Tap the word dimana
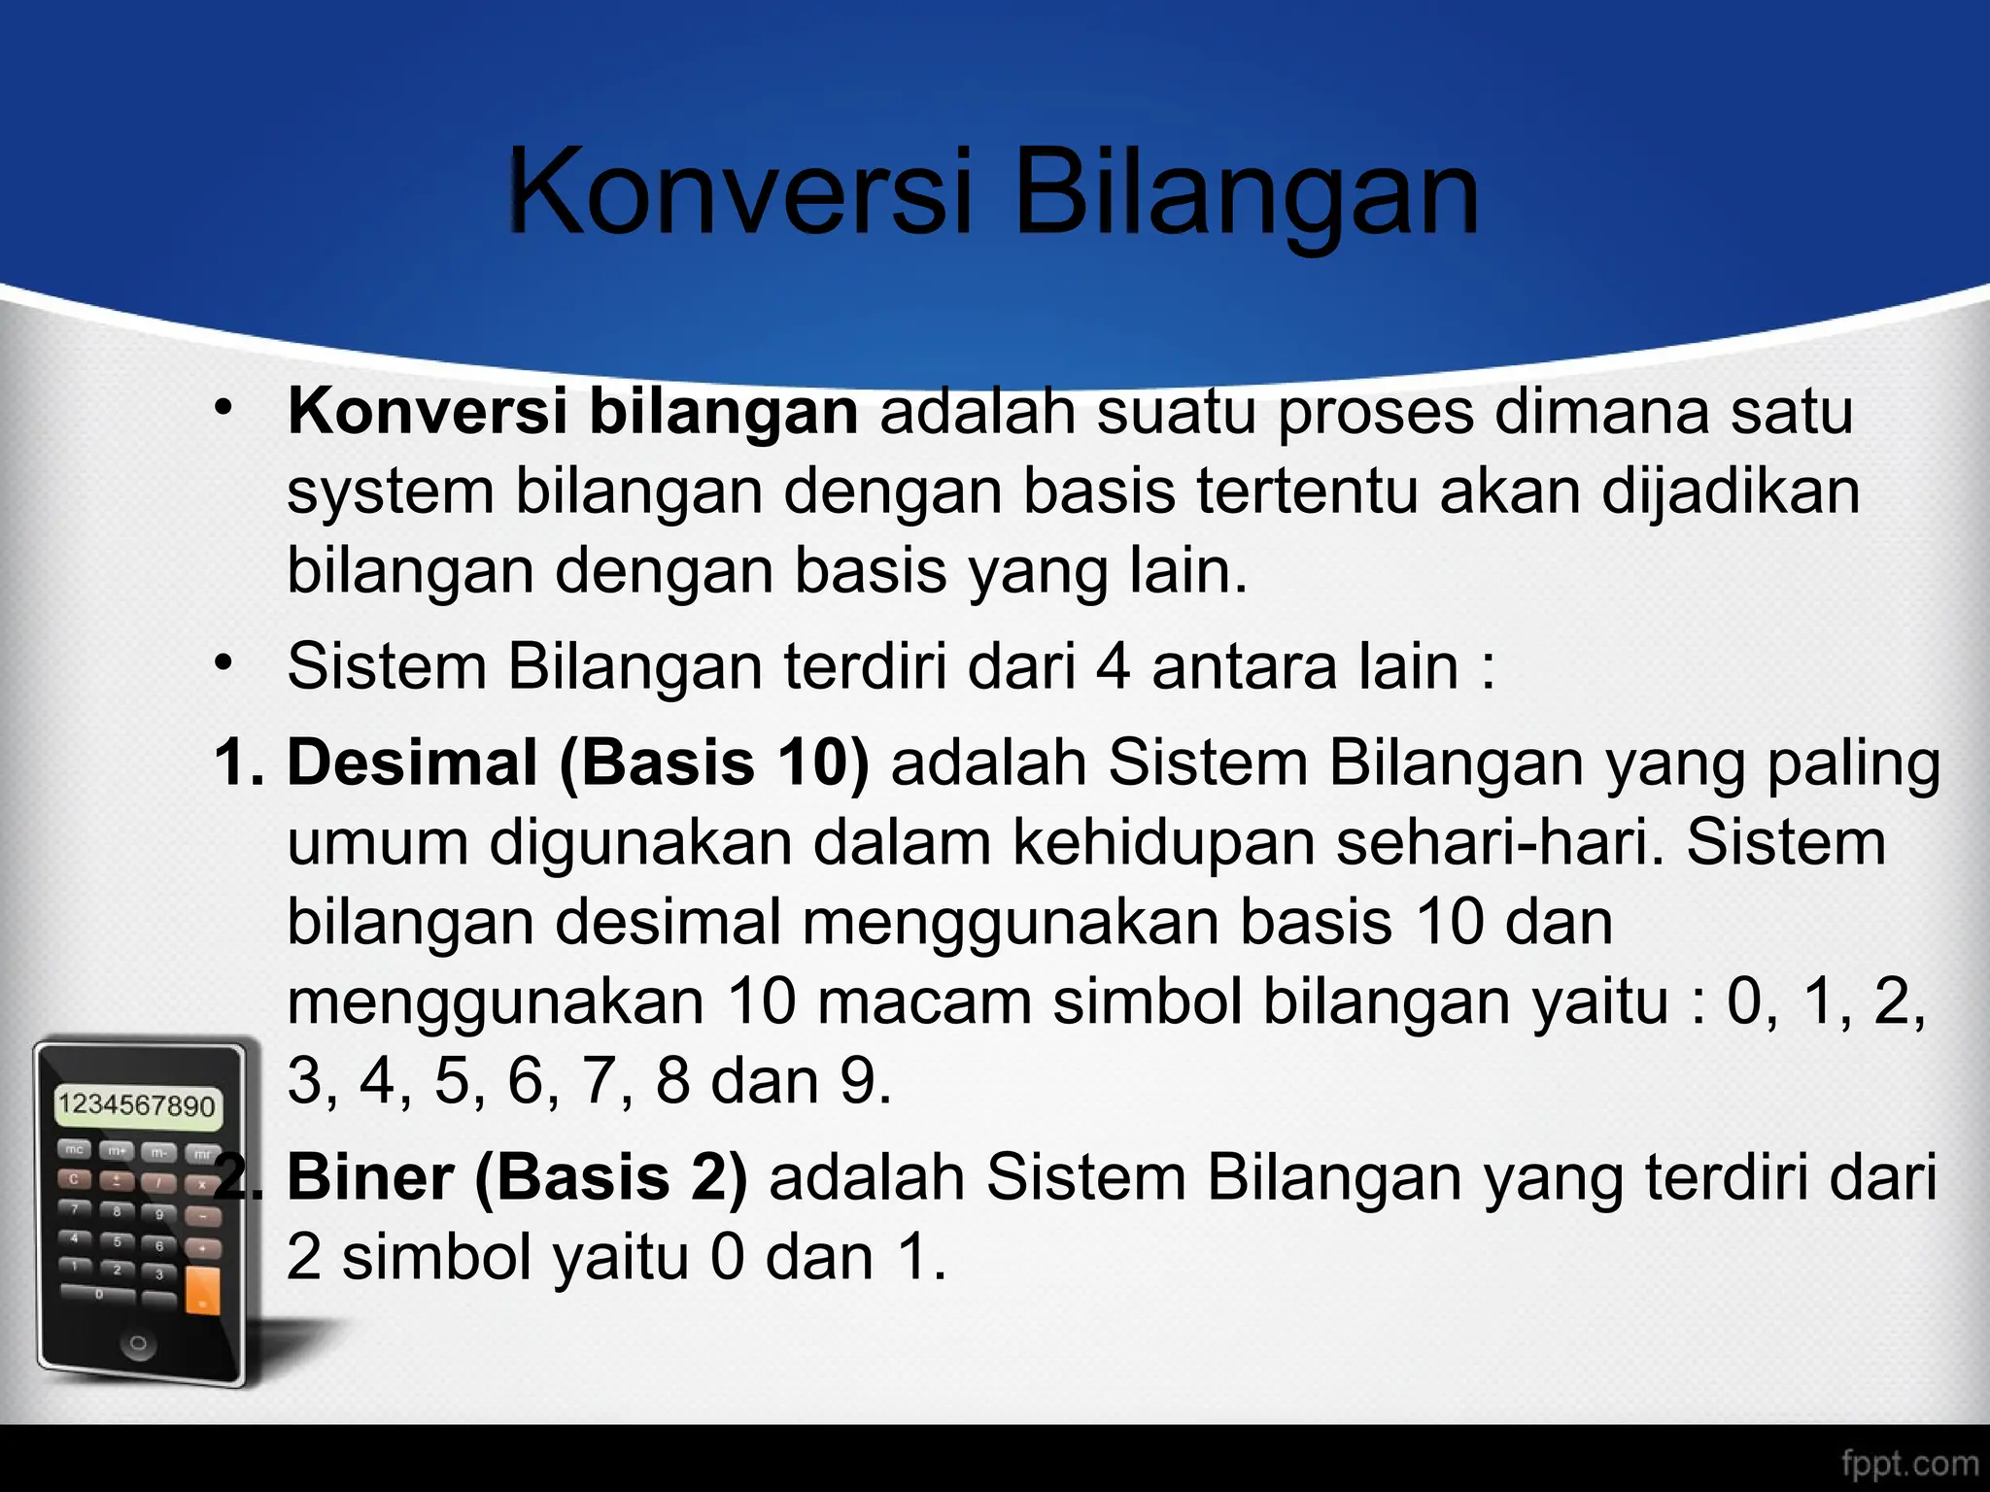(x=1602, y=412)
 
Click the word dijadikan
(x=1730, y=493)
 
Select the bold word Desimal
(x=412, y=762)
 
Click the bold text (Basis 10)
(x=714, y=763)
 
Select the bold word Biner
(x=370, y=1177)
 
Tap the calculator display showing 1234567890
(x=137, y=1105)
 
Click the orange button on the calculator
(x=203, y=1289)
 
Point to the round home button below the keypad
(x=138, y=1344)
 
